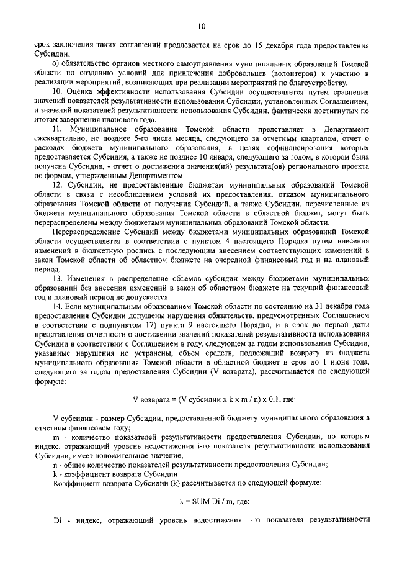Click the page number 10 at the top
[200, 26]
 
